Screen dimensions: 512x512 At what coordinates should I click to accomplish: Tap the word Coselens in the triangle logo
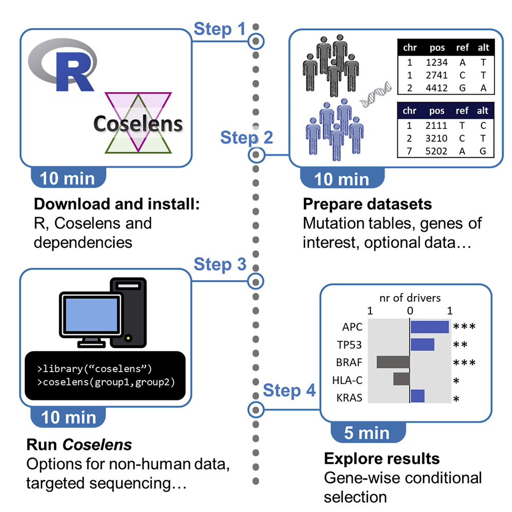tap(138, 124)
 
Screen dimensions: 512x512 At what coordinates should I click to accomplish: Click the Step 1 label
tap(220, 29)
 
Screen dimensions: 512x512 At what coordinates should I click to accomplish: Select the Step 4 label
tap(289, 391)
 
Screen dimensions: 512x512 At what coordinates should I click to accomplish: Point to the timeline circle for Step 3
tap(255, 280)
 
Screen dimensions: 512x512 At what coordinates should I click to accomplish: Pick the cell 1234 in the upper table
tap(437, 62)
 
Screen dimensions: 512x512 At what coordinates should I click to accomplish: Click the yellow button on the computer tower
tap(128, 338)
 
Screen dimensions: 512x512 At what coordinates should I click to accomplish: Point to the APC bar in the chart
tap(430, 326)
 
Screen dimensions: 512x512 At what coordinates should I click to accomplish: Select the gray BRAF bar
tap(393, 362)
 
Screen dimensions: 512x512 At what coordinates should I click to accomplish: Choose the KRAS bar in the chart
tap(417, 396)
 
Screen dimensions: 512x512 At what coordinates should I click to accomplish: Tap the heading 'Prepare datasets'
tap(367, 204)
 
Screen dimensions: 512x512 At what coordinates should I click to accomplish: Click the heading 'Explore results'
tap(381, 458)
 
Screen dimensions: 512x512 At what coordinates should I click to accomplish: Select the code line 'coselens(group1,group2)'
tap(105, 382)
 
